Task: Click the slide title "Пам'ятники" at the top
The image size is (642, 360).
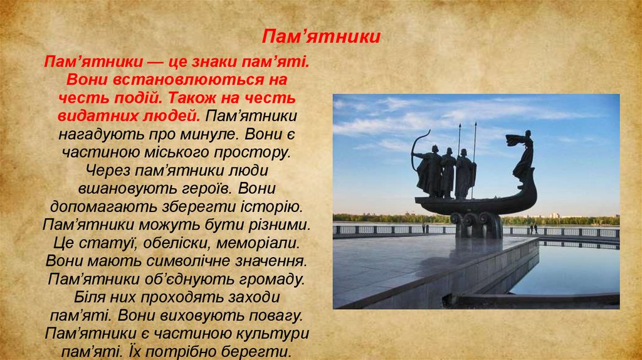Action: coord(321,36)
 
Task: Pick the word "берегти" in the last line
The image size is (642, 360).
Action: coord(260,350)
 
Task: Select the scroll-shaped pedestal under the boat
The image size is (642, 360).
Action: coord(478,223)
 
